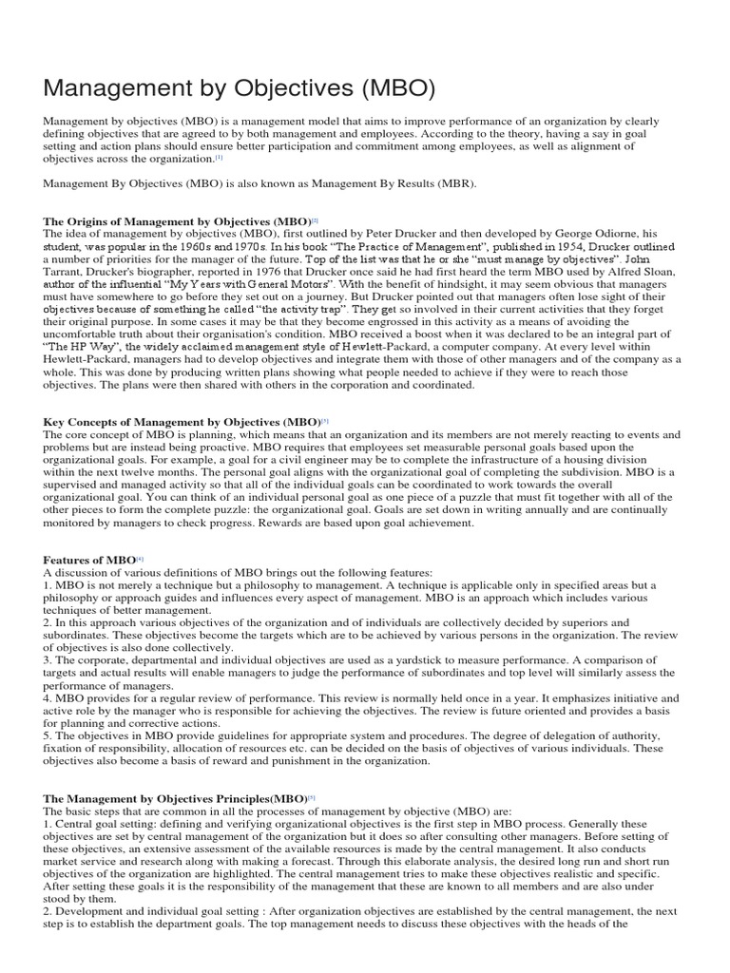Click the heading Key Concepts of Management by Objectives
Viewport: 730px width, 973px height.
coord(182,421)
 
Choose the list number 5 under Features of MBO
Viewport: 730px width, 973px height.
coord(48,734)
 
